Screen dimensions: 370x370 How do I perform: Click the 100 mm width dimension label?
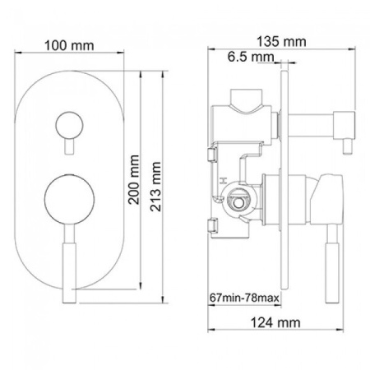(69, 45)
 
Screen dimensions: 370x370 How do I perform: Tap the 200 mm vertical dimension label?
(134, 180)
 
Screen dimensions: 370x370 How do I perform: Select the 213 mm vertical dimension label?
(155, 187)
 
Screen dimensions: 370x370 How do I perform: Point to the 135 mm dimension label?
(281, 42)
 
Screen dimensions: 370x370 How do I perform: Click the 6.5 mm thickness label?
(251, 57)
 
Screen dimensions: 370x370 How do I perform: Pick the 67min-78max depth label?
(244, 298)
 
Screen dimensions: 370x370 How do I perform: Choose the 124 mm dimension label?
(275, 322)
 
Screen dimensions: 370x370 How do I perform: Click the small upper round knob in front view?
(69, 126)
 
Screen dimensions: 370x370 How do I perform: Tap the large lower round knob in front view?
(69, 200)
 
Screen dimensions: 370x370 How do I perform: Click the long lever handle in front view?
(69, 264)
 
